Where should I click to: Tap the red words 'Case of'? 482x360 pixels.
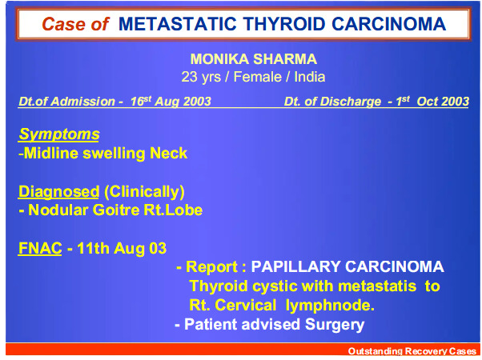75,24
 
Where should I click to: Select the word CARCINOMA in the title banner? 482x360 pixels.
389,24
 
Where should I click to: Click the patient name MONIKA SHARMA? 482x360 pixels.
254,59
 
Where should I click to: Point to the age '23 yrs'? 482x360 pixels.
201,77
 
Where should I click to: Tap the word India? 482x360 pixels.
310,77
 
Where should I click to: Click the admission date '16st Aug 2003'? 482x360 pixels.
171,101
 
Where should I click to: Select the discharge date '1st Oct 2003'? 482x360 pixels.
432,101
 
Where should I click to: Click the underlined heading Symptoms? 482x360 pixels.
59,134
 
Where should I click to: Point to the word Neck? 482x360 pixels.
168,153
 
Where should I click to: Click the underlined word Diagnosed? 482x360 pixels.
59,191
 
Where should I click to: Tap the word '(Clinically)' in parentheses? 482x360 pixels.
144,192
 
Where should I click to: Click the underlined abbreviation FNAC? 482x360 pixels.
40,248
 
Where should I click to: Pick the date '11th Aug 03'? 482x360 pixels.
122,248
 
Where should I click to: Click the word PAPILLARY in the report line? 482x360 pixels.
295,266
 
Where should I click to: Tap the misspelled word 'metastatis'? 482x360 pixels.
377,286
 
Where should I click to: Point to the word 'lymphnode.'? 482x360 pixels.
330,306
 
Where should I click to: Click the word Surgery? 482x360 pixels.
335,325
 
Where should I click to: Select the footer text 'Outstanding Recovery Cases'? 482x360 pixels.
412,350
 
